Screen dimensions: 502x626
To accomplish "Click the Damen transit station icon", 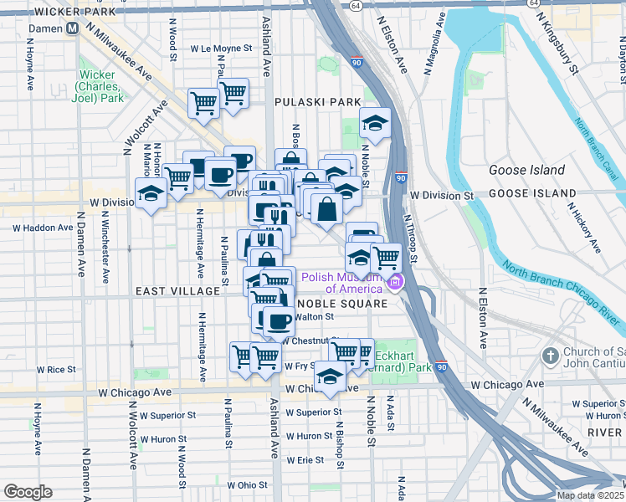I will pos(73,28).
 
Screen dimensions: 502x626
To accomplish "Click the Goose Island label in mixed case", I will pos(525,171).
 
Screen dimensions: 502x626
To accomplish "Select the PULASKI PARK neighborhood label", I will pos(318,102).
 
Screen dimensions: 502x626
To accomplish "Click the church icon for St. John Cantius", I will pos(550,355).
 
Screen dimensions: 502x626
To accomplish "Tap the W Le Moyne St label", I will pos(221,49).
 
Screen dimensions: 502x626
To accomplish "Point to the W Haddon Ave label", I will pos(43,228).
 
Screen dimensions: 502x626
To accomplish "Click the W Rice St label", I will pos(61,369).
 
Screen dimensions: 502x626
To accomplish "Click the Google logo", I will pos(28,492).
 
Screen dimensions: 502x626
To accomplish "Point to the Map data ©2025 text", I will pos(589,495).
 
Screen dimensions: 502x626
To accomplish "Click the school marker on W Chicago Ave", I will pos(331,377).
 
